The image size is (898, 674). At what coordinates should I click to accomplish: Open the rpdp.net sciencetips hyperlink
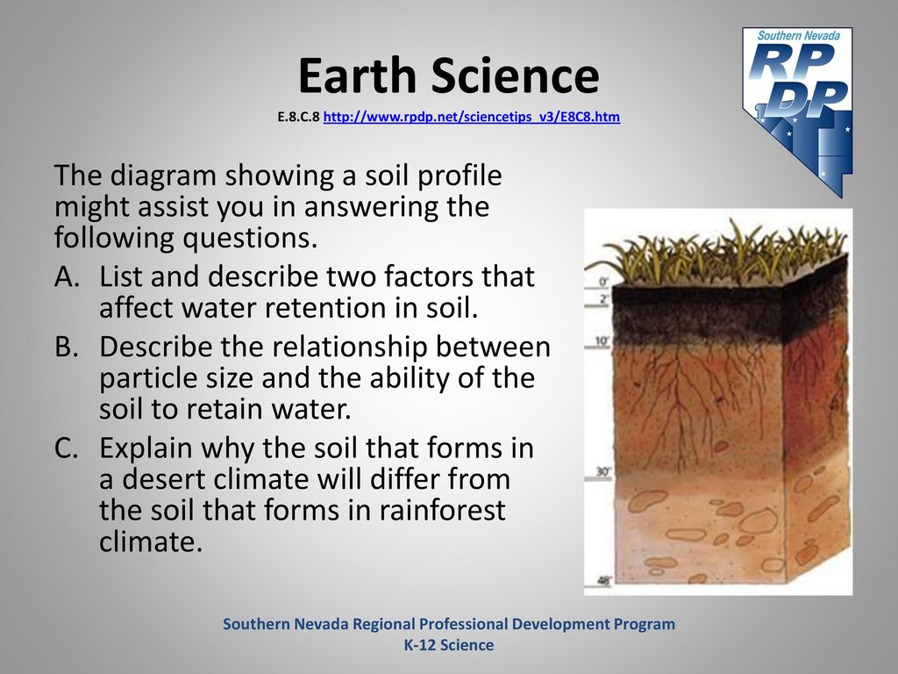tap(471, 117)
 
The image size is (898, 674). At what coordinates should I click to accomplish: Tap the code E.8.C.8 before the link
tap(298, 117)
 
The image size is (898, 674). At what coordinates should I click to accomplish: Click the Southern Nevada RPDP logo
tap(798, 111)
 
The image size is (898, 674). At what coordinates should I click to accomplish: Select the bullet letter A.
tap(67, 276)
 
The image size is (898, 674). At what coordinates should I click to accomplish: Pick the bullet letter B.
tap(67, 347)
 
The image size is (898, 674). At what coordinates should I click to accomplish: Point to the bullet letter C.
tap(67, 448)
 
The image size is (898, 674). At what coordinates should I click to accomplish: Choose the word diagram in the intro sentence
tap(162, 176)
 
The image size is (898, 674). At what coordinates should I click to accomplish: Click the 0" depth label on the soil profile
tap(603, 282)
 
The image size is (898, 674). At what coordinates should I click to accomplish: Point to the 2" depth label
tap(603, 299)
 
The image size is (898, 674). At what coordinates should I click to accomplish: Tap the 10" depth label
tap(602, 341)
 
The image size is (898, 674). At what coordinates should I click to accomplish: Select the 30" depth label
tap(603, 471)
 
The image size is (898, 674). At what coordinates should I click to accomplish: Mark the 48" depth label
tap(604, 581)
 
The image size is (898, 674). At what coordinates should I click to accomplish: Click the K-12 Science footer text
tap(449, 645)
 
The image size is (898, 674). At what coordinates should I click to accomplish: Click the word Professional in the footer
tap(462, 624)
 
